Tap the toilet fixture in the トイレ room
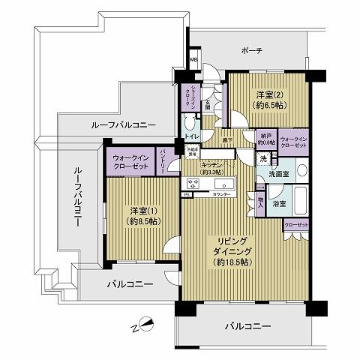[x=187, y=121]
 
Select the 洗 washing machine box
[x=263, y=159]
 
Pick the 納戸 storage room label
[x=265, y=137]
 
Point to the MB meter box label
[x=193, y=62]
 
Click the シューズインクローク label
[x=191, y=97]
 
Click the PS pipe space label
[x=185, y=193]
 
